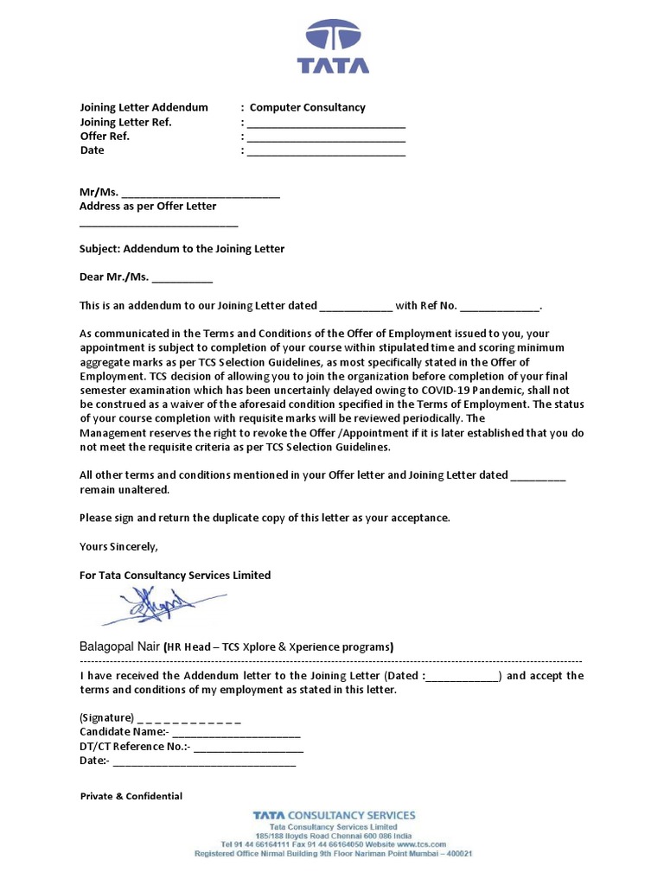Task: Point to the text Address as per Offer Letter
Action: click(148, 207)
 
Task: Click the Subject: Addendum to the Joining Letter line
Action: click(182, 249)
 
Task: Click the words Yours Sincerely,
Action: click(119, 546)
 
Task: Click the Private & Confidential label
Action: click(131, 797)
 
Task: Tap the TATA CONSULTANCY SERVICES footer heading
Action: click(334, 815)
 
